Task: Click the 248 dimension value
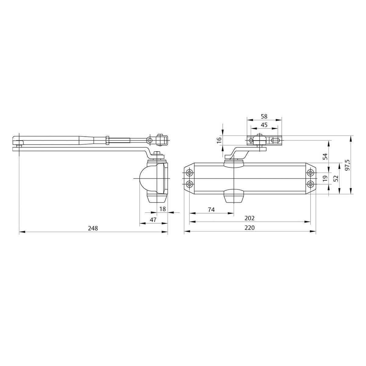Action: [93, 228]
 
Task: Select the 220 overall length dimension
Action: [249, 228]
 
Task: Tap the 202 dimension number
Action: [249, 218]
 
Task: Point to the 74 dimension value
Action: [211, 210]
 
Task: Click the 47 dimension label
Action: [153, 220]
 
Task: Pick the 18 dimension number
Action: [163, 209]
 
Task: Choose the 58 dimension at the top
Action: [264, 117]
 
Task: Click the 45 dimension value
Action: [264, 125]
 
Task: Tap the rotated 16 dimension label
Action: [219, 140]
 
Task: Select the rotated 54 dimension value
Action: [325, 156]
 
